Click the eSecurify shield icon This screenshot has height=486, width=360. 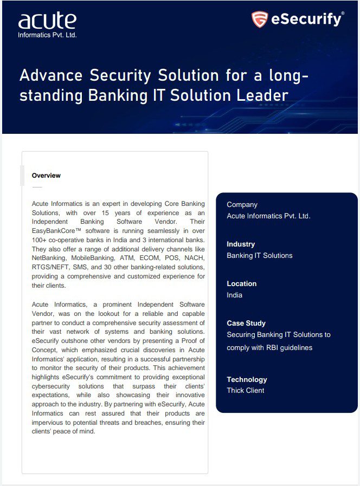260,20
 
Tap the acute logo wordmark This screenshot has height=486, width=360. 47,21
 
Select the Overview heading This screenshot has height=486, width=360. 46,176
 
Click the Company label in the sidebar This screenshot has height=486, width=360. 242,204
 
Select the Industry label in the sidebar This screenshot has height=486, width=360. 241,244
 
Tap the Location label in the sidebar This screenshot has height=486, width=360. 242,283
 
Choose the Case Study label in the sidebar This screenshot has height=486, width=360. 246,323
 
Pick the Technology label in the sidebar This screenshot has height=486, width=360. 247,379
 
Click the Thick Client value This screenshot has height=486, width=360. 246,391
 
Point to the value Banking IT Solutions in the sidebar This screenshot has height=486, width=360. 259,256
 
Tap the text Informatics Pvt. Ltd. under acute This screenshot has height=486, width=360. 48,35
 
